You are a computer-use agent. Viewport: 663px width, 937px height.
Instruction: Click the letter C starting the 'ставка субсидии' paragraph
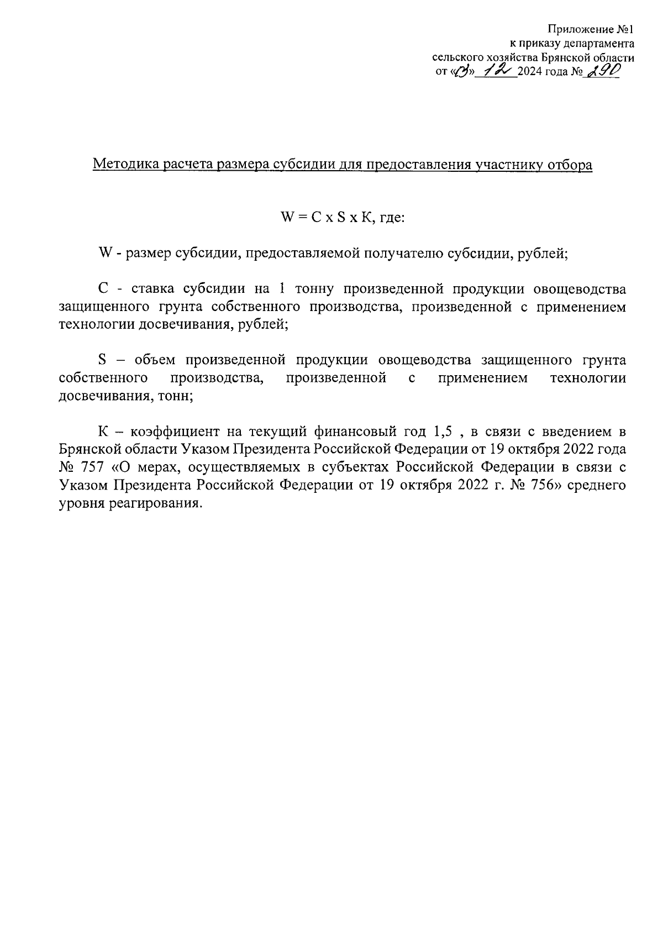point(102,289)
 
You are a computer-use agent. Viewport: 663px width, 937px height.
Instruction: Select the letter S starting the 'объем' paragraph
point(102,360)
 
